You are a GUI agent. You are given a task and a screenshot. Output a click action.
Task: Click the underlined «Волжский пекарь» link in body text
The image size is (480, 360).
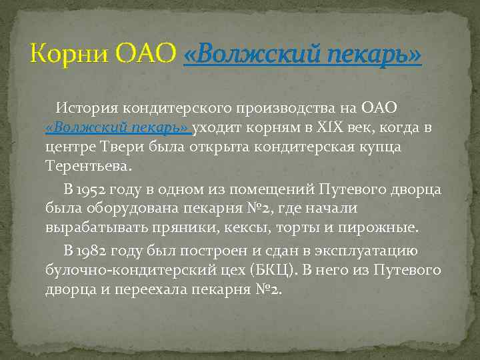point(117,127)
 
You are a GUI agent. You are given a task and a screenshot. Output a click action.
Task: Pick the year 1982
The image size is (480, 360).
point(98,251)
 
